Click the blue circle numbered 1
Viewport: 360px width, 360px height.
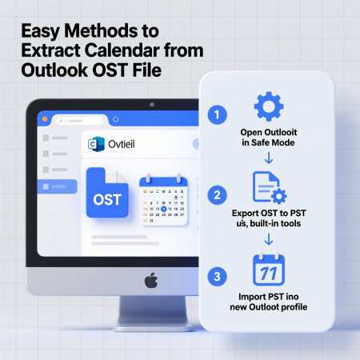214,114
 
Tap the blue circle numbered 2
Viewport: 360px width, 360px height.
214,194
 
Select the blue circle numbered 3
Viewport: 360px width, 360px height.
214,278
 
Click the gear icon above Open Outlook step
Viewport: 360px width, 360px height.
269,106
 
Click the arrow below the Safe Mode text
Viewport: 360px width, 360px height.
270,158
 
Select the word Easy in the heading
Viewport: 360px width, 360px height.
41,33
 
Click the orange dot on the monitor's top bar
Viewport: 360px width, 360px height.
46,118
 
